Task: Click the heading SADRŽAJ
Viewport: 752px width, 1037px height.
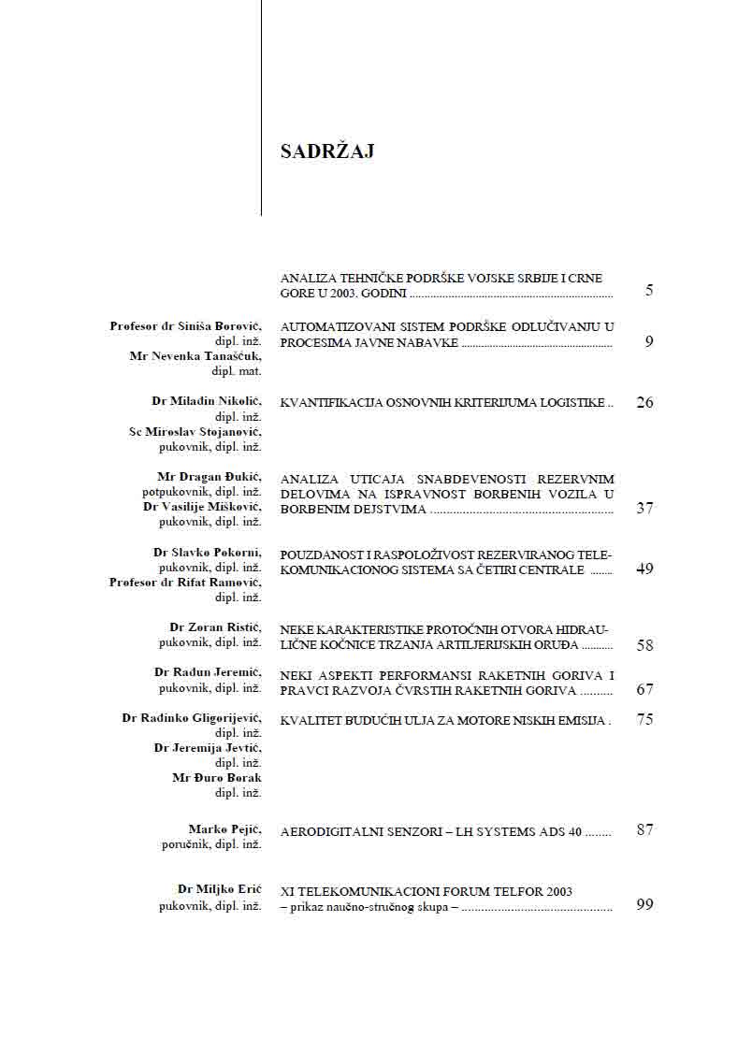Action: tap(327, 151)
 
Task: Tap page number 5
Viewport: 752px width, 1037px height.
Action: tap(648, 291)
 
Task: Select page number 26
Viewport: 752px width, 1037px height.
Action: tap(644, 403)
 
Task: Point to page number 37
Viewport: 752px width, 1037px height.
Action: tap(644, 509)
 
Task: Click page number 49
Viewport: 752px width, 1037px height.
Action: tap(644, 569)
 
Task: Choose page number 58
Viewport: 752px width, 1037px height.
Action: tap(644, 645)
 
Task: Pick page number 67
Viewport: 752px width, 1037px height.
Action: tap(644, 690)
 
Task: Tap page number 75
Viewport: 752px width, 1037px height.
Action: tap(644, 720)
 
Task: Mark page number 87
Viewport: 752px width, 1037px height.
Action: tap(644, 830)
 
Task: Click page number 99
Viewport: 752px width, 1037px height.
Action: tap(644, 905)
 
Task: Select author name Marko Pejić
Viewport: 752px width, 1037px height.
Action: tap(224, 829)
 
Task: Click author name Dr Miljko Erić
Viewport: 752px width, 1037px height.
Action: tap(219, 889)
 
